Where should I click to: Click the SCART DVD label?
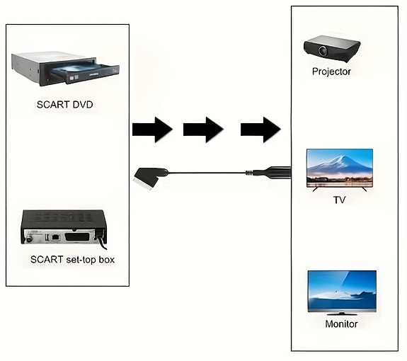pyautogui.click(x=65, y=105)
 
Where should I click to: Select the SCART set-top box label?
pyautogui.click(x=72, y=260)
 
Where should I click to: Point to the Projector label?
pyautogui.click(x=331, y=71)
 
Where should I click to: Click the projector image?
pyautogui.click(x=331, y=47)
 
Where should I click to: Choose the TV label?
pyautogui.click(x=339, y=200)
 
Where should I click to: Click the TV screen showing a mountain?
pyautogui.click(x=339, y=166)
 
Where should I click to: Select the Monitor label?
pyautogui.click(x=341, y=324)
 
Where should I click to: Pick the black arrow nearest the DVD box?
pyautogui.click(x=152, y=130)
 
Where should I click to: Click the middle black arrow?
pyautogui.click(x=203, y=130)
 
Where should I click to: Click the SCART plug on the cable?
pyautogui.click(x=150, y=174)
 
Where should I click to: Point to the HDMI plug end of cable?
pyautogui.click(x=276, y=171)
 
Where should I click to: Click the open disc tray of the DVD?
pyautogui.click(x=85, y=71)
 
